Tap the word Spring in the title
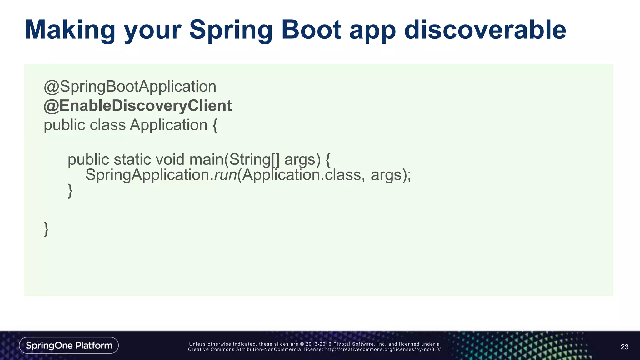tap(231, 30)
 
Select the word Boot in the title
tap(311, 30)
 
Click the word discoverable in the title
tap(485, 30)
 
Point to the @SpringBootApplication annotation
tap(130, 87)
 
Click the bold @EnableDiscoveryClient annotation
tap(137, 106)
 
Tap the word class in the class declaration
tap(107, 125)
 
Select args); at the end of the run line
tap(391, 175)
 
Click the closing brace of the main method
tap(70, 191)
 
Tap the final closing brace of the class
tap(46, 229)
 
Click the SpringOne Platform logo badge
tap(69, 345)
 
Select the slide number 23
tap(624, 347)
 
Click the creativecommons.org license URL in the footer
tap(383, 349)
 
